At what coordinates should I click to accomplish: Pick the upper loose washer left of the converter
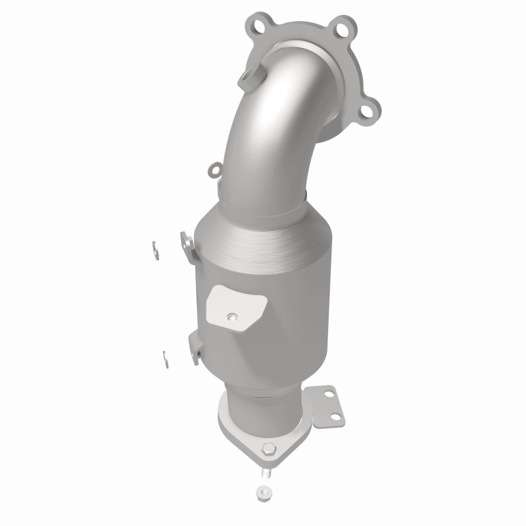coord(154,248)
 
